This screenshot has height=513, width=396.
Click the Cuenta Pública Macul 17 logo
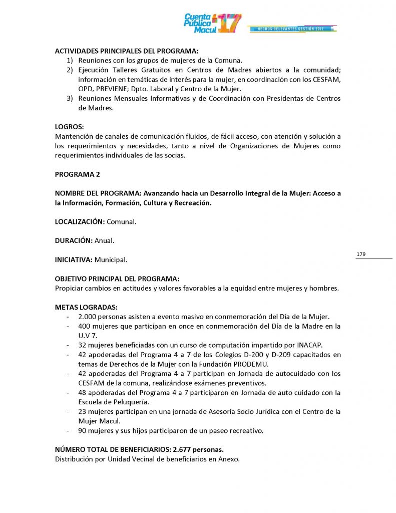coord(213,23)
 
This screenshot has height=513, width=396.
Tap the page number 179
coord(361,254)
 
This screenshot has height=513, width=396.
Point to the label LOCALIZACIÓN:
coord(80,221)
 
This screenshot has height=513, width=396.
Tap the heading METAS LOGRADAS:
coord(86,307)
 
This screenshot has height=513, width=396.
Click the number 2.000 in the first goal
coord(88,317)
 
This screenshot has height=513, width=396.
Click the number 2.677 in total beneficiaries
coord(175,450)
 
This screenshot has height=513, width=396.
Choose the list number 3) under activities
coord(70,99)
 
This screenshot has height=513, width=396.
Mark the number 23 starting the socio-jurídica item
coord(83,412)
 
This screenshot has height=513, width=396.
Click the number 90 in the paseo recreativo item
coord(83,430)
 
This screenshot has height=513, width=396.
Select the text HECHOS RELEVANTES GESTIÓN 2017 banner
coord(290,29)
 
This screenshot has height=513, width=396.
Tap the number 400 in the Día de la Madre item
coord(84,326)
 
